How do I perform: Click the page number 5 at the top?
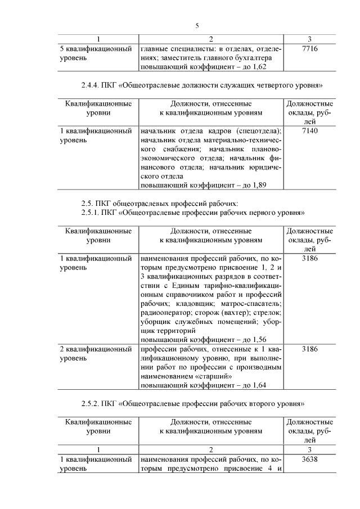tap(197, 26)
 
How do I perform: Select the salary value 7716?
tap(310, 49)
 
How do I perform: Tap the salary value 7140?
tap(310, 130)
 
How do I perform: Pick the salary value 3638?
tap(310, 460)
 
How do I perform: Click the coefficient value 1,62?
tap(255, 66)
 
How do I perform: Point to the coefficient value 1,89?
tap(255, 184)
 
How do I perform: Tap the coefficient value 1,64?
tap(255, 385)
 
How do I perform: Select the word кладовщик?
tap(191, 304)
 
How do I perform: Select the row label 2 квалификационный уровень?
tap(96, 353)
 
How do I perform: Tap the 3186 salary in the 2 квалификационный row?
tap(310, 349)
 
